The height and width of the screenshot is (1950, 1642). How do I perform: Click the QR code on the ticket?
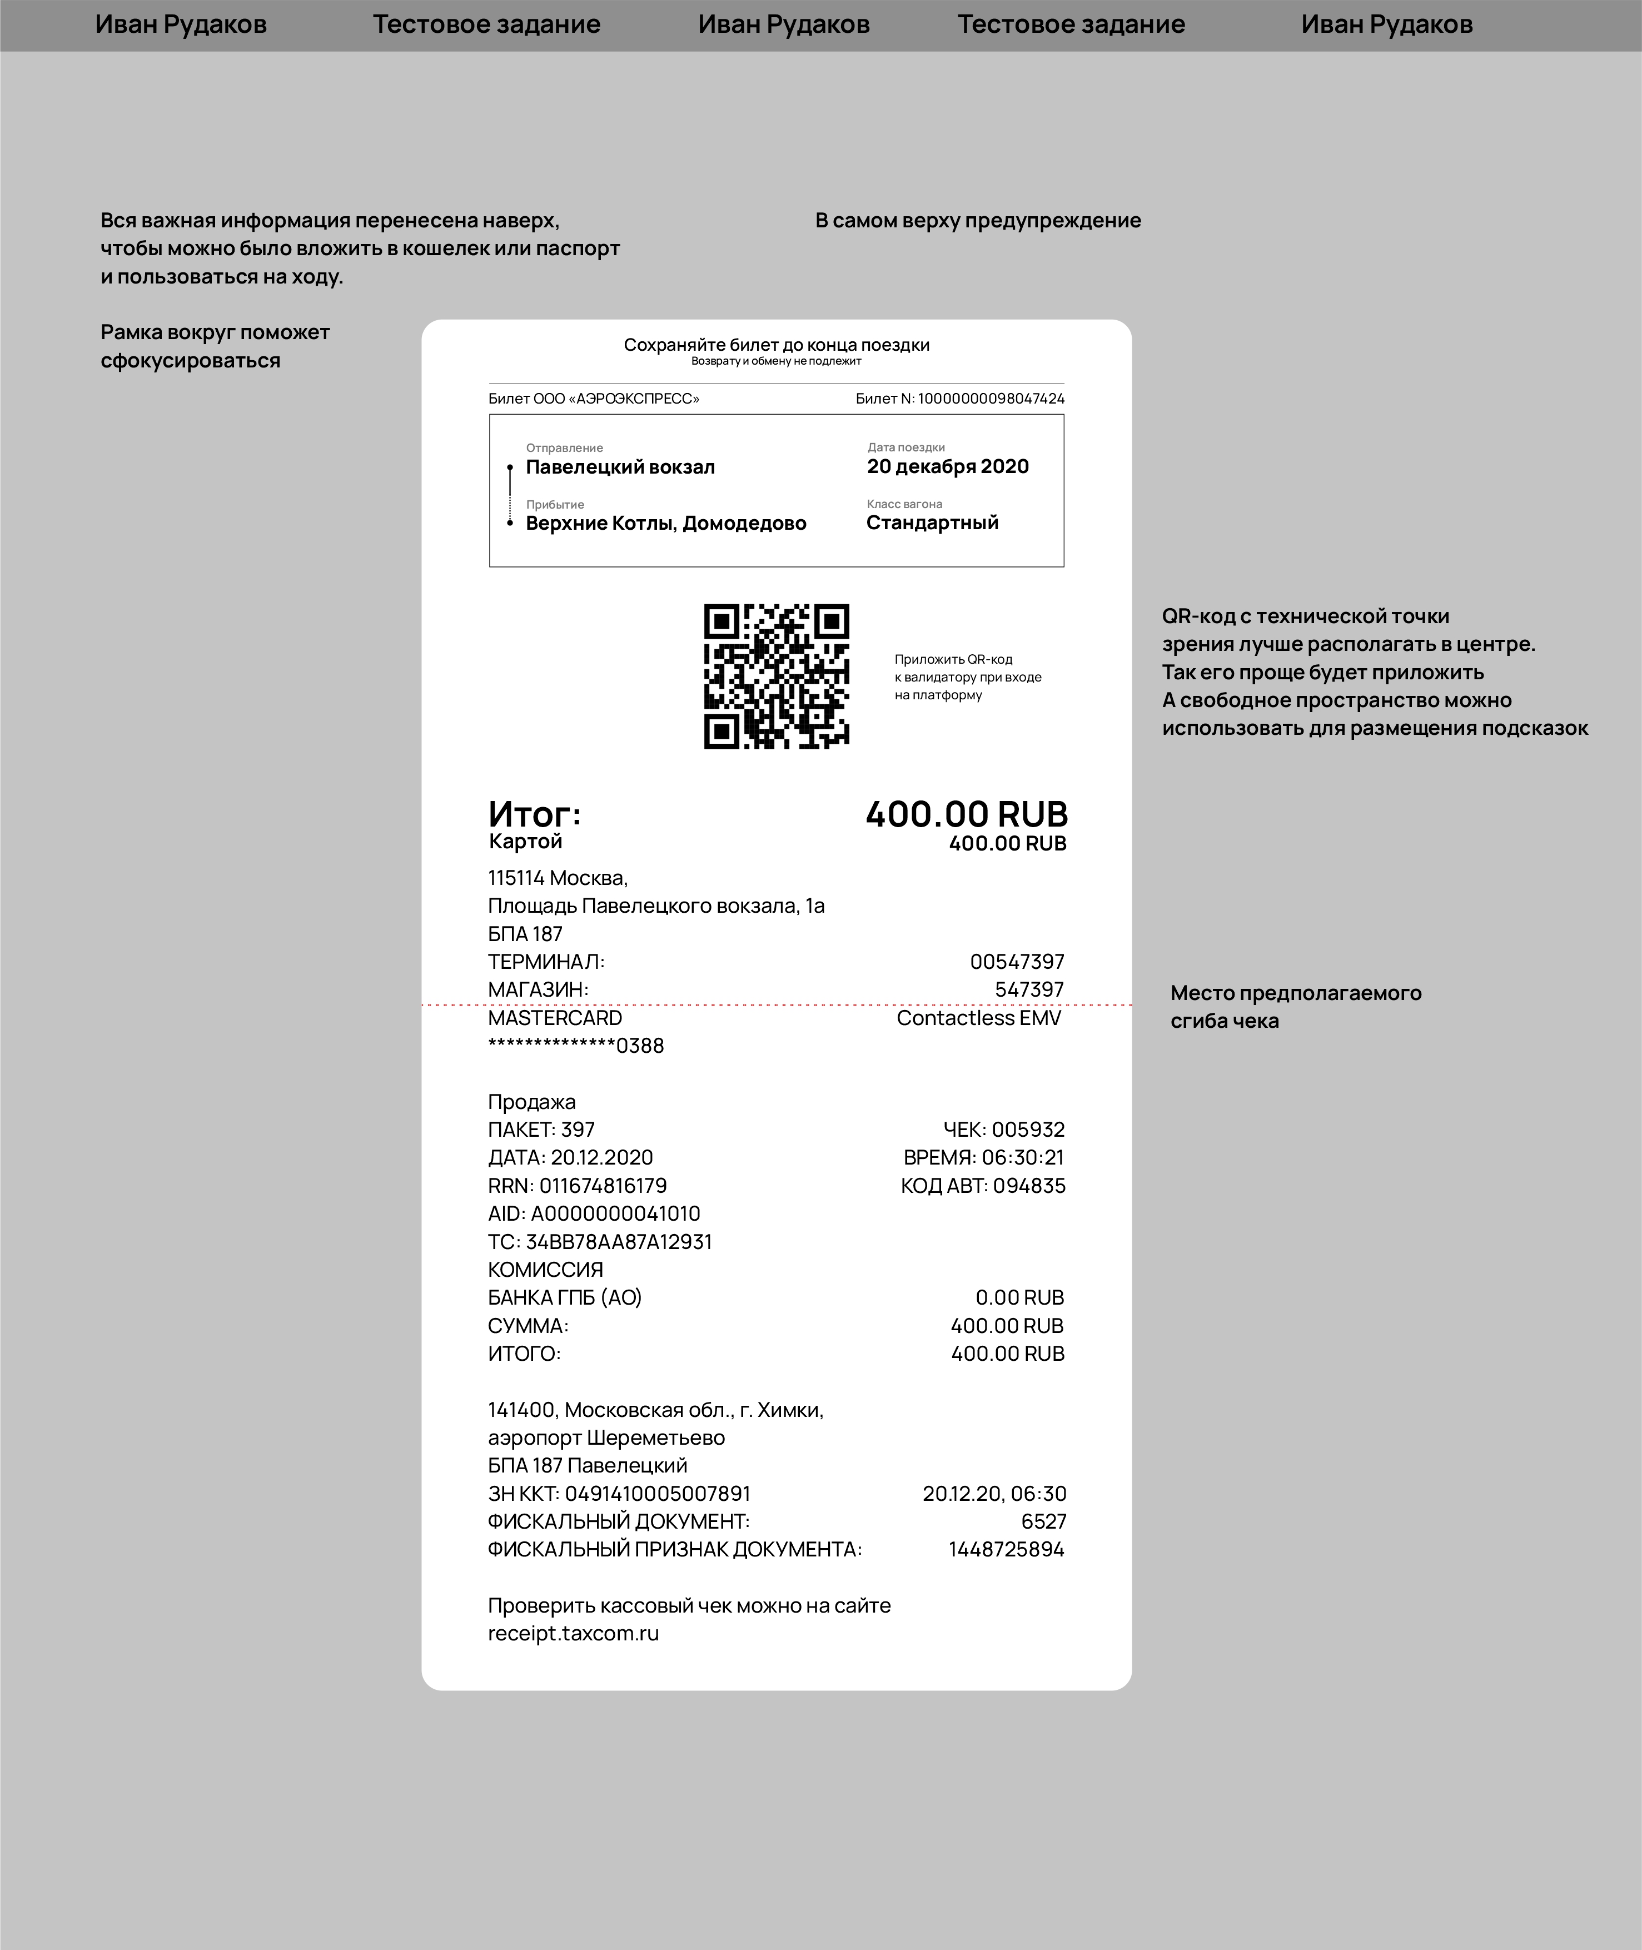coord(777,676)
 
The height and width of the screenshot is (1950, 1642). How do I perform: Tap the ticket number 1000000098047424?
coord(991,399)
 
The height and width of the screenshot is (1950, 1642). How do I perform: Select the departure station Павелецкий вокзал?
coord(620,467)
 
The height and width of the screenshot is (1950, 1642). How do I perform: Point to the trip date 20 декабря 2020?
coord(948,467)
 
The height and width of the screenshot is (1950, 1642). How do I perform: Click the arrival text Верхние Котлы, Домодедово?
coord(665,523)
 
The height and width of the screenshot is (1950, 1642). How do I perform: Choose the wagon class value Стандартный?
coord(932,523)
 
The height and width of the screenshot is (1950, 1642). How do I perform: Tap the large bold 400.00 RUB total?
coord(966,814)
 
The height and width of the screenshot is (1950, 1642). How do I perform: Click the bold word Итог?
coord(534,814)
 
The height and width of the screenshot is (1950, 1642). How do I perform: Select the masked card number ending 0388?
coord(575,1046)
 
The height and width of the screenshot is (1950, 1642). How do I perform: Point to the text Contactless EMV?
coord(978,1018)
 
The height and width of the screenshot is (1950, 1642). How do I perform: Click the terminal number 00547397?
coord(1017,962)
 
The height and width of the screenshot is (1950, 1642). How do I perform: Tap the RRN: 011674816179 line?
coord(577,1186)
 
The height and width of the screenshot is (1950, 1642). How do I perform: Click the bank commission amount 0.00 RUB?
coord(1019,1297)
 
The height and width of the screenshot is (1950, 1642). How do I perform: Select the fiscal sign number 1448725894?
coord(1006,1550)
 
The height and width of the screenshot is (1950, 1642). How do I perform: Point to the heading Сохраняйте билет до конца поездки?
coord(777,345)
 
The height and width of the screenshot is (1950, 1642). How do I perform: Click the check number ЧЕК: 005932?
coord(1003,1130)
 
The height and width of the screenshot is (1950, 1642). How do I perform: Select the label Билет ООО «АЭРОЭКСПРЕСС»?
coord(594,399)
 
